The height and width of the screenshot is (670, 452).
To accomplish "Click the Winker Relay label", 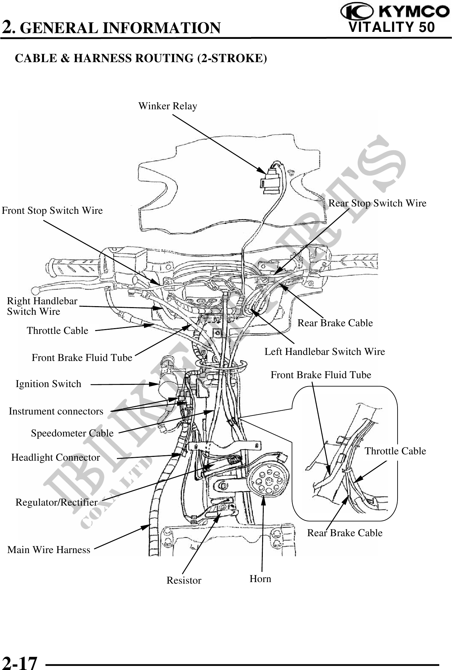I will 168,106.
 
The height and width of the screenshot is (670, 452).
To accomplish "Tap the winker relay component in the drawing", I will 270,180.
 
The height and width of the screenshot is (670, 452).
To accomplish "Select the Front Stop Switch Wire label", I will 52,211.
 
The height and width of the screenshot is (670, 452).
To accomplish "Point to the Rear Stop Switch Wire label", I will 377,203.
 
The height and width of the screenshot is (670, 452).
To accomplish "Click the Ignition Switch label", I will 48,384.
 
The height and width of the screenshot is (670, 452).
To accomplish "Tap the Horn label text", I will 260,579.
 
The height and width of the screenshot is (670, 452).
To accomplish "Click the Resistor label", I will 184,580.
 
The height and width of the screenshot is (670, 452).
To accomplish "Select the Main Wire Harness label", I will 49,550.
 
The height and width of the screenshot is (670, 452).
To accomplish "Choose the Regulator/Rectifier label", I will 56,502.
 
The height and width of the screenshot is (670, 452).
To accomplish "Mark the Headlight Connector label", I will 56,457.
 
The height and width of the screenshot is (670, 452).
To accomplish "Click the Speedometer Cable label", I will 72,433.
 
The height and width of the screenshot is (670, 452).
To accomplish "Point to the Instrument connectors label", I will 56,411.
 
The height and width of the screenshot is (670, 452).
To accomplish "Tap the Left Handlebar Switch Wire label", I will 325,352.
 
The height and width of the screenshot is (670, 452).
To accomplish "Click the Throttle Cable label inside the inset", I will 395,451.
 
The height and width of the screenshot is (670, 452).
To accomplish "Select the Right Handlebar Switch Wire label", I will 42,306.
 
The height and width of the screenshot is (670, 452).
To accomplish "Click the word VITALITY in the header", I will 382,27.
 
